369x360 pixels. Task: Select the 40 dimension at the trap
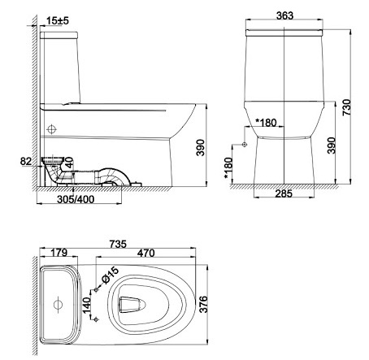point(70,163)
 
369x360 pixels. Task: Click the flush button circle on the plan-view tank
point(58,305)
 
